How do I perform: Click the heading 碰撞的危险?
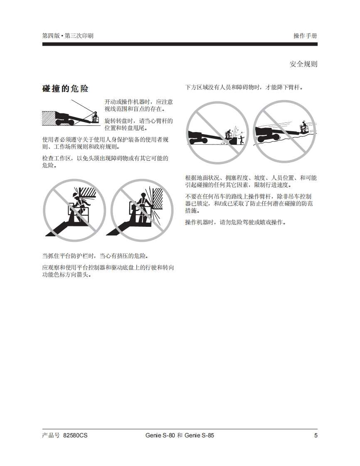click(x=65, y=88)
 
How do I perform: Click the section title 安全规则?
click(x=303, y=64)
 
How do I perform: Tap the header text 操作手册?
click(x=305, y=36)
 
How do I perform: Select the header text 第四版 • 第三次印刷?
click(x=68, y=36)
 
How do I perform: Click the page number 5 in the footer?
click(x=316, y=435)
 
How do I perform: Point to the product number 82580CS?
click(x=76, y=435)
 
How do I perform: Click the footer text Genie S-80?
click(x=160, y=435)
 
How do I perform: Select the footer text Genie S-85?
click(x=200, y=435)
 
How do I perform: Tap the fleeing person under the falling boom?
click(x=242, y=140)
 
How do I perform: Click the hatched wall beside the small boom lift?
click(x=49, y=118)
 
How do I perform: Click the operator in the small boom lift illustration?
click(x=96, y=117)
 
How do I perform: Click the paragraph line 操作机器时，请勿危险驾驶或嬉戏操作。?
click(x=236, y=222)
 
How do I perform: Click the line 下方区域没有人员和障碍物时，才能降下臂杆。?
click(x=244, y=87)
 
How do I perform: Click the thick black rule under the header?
click(x=180, y=44)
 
